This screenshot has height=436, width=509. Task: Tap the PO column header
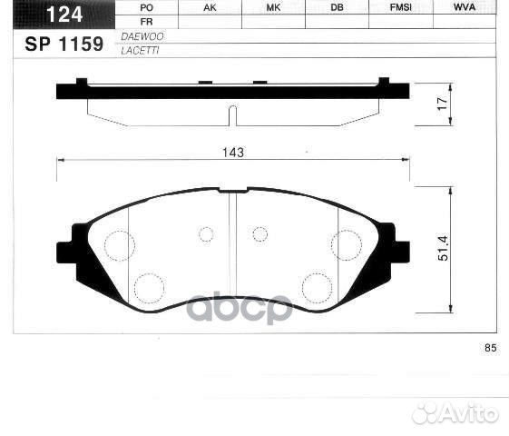pos(147,7)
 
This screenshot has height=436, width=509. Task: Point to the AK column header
pos(210,7)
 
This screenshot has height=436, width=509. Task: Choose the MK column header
pos(273,7)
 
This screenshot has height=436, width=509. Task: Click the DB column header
pos(337,7)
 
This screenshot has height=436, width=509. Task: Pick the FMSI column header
pos(400,7)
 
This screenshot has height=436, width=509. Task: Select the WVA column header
pos(465,7)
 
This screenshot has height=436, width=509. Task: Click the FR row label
pos(147,21)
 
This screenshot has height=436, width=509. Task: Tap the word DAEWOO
pos(137,35)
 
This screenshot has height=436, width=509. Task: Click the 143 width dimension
pos(233,153)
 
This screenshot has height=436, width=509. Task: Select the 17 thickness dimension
pos(443,104)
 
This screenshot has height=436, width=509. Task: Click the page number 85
pos(491,348)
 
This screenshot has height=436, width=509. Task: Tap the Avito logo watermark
pos(455,413)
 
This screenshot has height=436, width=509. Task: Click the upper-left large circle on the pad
pos(119,244)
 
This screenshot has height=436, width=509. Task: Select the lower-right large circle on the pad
pos(317,287)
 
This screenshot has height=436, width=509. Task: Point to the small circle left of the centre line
pos(206,234)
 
